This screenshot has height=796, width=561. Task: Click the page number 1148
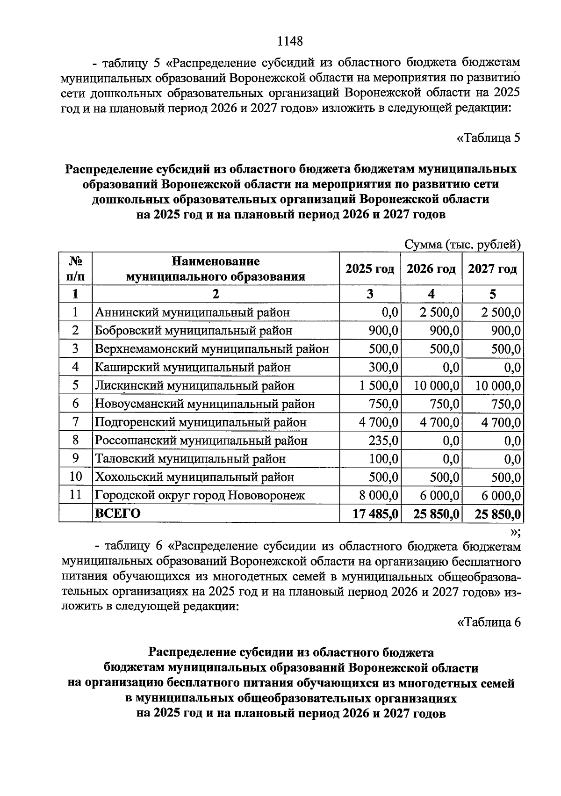click(290, 41)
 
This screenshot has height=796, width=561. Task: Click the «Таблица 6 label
click(488, 622)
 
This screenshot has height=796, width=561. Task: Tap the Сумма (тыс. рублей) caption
click(462, 244)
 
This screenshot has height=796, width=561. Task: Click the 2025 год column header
click(369, 269)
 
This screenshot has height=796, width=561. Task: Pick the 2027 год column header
click(492, 269)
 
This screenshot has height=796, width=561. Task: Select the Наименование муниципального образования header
click(216, 269)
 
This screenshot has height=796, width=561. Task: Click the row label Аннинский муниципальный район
click(192, 312)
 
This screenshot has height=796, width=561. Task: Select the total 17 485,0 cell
click(375, 514)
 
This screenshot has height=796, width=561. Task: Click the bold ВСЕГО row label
click(117, 514)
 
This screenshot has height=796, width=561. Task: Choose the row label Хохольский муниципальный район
click(194, 478)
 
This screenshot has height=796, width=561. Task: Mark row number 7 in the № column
click(75, 422)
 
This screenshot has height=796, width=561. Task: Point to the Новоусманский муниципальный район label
click(205, 404)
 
